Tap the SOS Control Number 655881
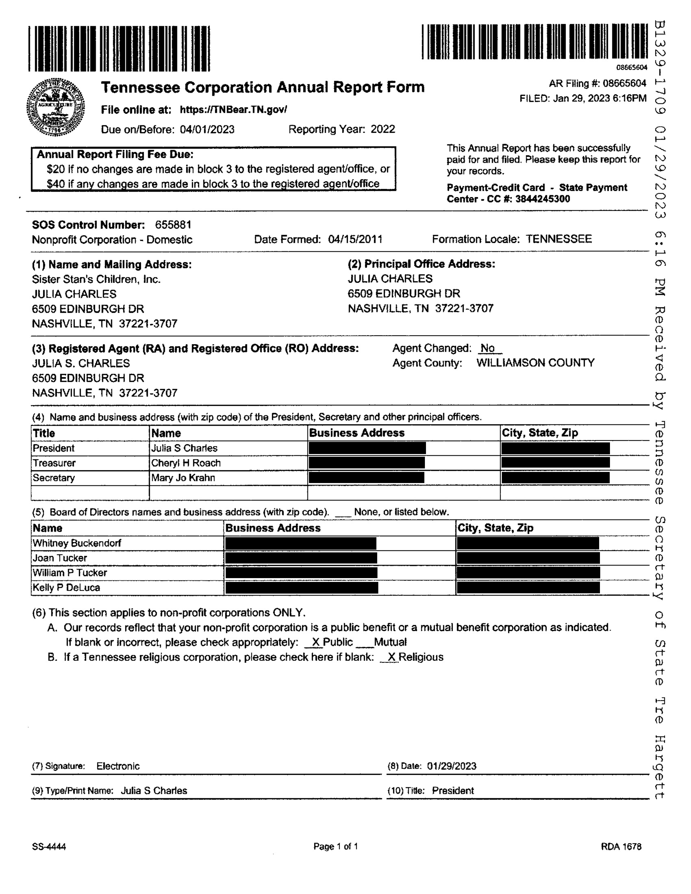coord(173,225)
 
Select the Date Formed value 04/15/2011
coord(355,239)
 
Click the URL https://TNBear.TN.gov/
coord(233,110)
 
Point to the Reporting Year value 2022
coord(383,129)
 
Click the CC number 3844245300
coord(543,199)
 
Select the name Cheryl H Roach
coord(186,463)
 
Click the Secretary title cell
coord(54,478)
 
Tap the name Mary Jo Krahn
coord(183,478)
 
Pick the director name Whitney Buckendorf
coord(77,543)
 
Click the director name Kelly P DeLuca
coord(66,587)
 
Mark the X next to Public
coord(315,642)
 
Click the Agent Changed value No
coord(487,348)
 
